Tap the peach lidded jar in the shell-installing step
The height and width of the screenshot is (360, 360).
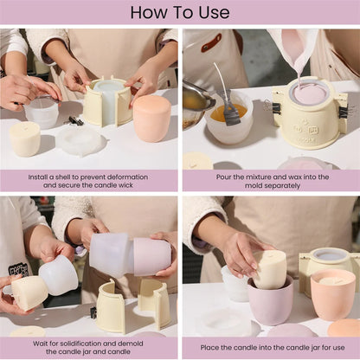151,118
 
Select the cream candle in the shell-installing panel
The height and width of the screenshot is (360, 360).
24,138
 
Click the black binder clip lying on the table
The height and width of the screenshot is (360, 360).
75,120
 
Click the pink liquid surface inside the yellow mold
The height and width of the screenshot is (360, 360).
308,93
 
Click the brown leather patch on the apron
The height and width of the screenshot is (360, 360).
211,42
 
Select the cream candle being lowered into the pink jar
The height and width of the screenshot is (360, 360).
270,269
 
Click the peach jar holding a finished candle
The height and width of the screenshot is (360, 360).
332,293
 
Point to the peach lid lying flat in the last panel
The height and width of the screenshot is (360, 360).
344,327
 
